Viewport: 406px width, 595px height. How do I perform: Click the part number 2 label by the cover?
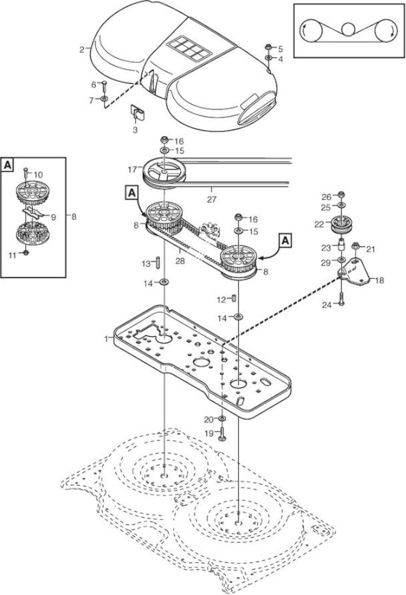(82, 50)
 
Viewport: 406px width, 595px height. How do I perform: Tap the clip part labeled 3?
(138, 112)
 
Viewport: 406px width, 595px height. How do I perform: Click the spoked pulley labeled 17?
(163, 173)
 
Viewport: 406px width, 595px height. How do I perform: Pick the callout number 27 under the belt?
(211, 199)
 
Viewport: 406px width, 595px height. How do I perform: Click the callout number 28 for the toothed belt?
(180, 261)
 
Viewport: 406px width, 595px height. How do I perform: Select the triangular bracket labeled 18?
(354, 272)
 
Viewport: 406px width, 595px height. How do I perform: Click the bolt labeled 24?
(342, 300)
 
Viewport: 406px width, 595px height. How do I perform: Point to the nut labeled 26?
(341, 195)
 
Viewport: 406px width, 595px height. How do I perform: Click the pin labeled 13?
(156, 263)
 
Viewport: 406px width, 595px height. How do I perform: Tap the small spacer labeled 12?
(233, 299)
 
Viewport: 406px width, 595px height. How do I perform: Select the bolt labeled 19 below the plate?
(222, 434)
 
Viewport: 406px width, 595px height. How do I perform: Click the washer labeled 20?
(222, 418)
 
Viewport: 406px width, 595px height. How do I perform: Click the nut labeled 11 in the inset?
(25, 253)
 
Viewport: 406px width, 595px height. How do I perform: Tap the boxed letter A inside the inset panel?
(8, 165)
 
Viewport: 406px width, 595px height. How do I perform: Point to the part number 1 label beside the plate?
(106, 338)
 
